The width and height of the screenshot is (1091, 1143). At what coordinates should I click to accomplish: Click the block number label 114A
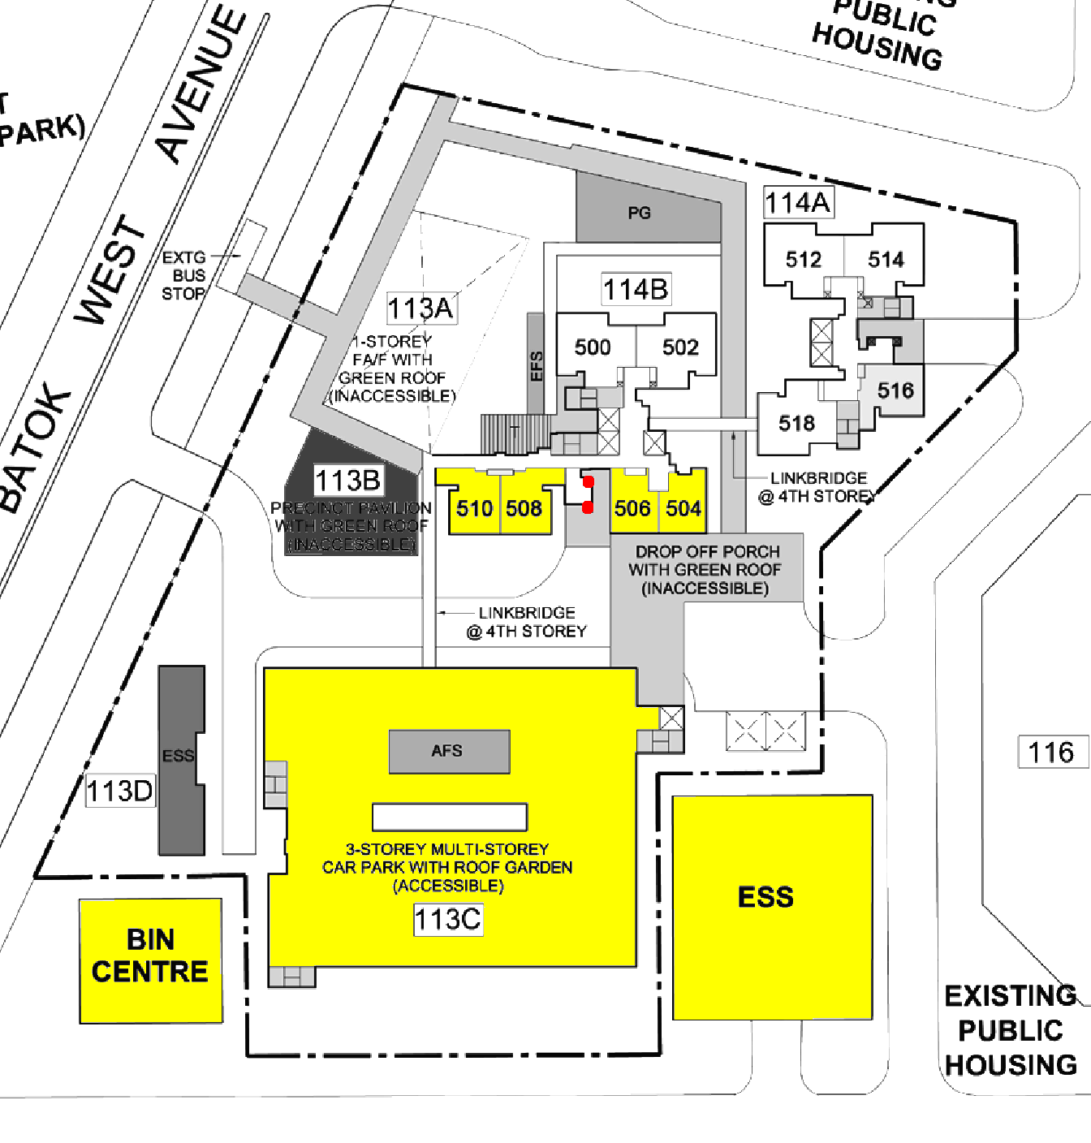click(x=798, y=202)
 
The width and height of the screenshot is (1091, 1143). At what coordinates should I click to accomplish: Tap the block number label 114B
click(x=635, y=289)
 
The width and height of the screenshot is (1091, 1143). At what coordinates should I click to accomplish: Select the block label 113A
click(x=420, y=308)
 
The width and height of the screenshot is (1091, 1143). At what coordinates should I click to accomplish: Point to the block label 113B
click(x=347, y=481)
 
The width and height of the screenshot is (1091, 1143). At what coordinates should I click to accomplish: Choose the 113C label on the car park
click(x=448, y=920)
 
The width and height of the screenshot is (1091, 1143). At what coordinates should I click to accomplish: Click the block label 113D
click(x=119, y=791)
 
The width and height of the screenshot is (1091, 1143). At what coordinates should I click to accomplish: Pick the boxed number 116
click(x=1051, y=753)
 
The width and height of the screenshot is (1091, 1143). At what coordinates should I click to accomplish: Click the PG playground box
click(x=640, y=214)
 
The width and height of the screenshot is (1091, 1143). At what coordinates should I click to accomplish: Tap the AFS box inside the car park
click(x=448, y=751)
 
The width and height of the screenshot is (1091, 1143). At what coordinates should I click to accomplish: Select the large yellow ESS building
click(x=772, y=905)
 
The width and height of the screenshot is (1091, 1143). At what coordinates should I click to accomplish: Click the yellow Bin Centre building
click(x=150, y=960)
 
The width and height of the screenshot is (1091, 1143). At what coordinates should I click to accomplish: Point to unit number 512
click(x=804, y=260)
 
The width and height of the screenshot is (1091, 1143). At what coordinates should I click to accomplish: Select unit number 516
click(x=895, y=390)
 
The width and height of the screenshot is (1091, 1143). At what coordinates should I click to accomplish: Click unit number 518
click(x=796, y=423)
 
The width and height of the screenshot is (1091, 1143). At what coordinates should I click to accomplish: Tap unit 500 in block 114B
click(x=593, y=347)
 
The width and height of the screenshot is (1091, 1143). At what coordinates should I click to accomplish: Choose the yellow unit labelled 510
click(x=474, y=509)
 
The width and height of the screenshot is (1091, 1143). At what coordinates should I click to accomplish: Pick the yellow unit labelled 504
click(x=683, y=509)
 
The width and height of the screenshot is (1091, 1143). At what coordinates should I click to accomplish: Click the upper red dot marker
click(x=589, y=482)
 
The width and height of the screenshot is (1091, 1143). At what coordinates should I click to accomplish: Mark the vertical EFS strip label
click(x=536, y=365)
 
